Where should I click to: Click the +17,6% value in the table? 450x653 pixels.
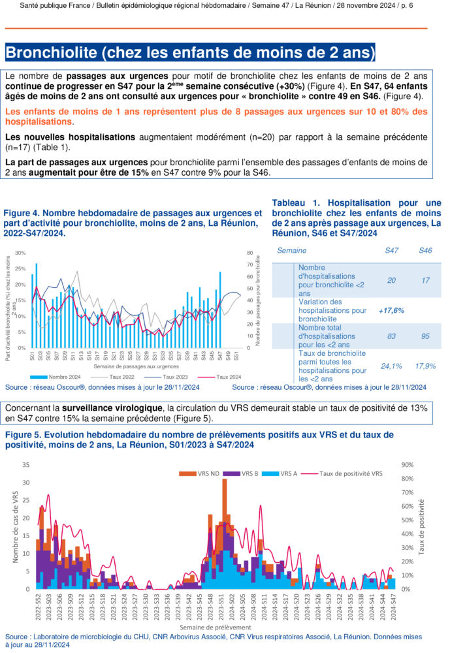point(391,311)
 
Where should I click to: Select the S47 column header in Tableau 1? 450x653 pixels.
point(392,250)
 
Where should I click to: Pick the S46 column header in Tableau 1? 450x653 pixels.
point(425,250)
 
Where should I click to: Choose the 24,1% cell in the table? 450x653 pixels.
point(391,366)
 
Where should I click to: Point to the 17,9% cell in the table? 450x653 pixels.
point(425,366)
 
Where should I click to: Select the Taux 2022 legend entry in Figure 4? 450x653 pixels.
point(117,377)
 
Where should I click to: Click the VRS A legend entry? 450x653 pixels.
point(287,472)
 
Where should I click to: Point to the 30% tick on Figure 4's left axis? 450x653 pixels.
point(19,253)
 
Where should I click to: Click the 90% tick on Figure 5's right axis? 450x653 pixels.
point(405,465)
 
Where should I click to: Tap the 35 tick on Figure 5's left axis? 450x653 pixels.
point(25,465)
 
